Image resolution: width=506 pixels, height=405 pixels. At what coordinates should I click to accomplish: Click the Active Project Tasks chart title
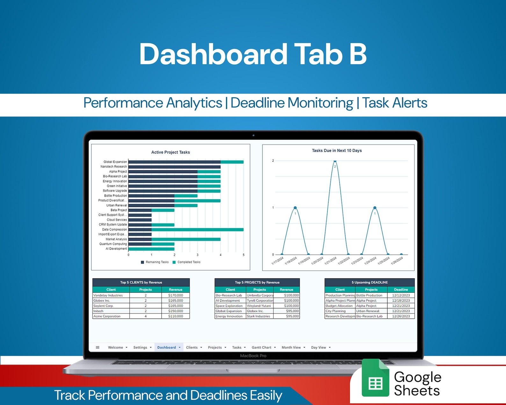[x=170, y=152]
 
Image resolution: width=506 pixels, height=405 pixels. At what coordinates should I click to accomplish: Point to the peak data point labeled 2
[x=335, y=162]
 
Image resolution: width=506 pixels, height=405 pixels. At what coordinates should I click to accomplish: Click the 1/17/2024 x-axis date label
[x=277, y=261]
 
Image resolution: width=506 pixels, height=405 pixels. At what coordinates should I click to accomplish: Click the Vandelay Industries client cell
[x=108, y=295]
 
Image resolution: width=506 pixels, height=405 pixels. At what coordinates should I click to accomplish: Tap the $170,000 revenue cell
[x=176, y=295]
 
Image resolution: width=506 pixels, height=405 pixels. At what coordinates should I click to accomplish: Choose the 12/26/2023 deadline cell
[x=401, y=316]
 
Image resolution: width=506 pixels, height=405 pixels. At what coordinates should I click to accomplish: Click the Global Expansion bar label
[x=115, y=162]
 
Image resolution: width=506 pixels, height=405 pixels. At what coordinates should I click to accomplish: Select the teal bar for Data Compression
[x=198, y=229]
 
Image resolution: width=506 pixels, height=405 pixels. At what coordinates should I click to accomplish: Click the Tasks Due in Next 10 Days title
[x=337, y=151]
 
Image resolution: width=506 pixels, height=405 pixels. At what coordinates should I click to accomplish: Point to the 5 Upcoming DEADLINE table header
[x=370, y=282]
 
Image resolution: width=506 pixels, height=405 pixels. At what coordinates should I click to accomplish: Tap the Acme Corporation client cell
[x=107, y=316]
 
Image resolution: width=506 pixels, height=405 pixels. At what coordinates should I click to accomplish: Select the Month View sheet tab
[x=291, y=347]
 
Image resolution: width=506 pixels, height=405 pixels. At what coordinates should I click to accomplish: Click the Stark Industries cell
[x=258, y=316]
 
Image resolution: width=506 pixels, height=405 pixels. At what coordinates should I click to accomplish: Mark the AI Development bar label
[x=116, y=249]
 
